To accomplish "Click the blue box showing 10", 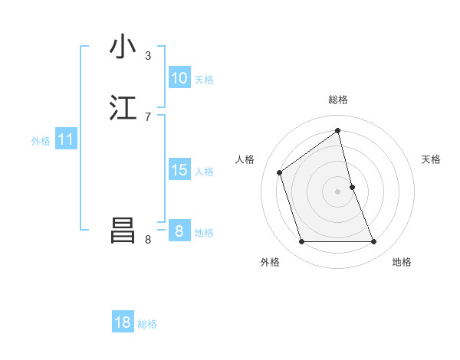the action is [x=179, y=78].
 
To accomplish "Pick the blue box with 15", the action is [x=179, y=170].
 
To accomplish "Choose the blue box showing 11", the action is [x=66, y=140].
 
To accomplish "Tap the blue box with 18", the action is [x=123, y=322].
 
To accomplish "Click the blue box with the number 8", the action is [x=179, y=231].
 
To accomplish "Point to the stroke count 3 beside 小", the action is [x=148, y=56].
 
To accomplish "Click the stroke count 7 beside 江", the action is [x=148, y=117].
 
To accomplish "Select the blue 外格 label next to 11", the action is [x=41, y=141].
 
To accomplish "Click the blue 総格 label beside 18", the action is [x=147, y=324].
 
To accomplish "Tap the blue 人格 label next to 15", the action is [x=205, y=172].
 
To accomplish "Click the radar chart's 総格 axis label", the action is [x=338, y=100].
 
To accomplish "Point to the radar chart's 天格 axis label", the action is [x=431, y=159].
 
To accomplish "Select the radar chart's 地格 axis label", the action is [x=402, y=262].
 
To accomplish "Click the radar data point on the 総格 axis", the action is [x=338, y=130].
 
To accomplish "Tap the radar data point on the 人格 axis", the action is [x=280, y=172].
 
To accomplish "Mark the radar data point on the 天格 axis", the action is [x=352, y=187].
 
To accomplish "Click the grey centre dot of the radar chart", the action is [x=338, y=191].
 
